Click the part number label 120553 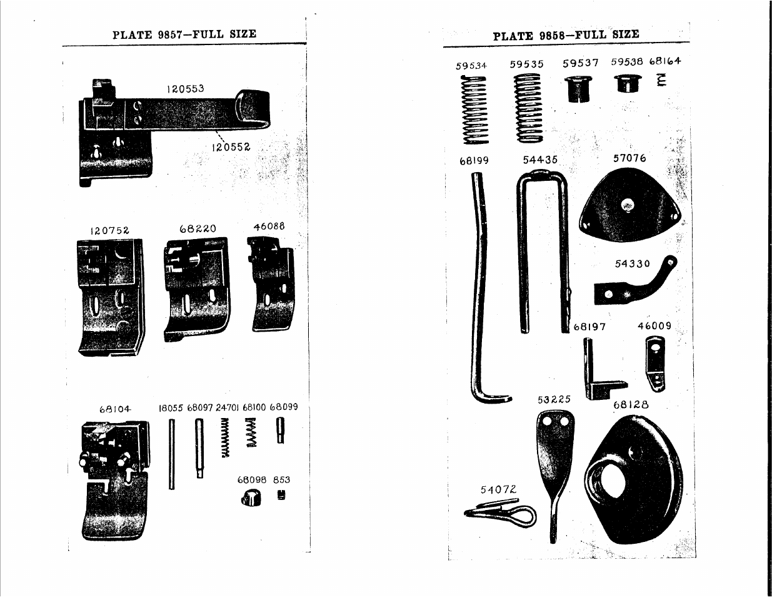click(186, 88)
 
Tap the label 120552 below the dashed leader click(231, 147)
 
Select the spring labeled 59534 click(474, 110)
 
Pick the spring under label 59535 click(528, 108)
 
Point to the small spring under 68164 click(662, 80)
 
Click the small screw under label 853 click(281, 494)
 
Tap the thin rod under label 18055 click(172, 454)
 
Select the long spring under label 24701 click(225, 437)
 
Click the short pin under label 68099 click(281, 431)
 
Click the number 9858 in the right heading click(552, 36)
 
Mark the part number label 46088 click(269, 226)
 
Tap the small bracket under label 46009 click(655, 364)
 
